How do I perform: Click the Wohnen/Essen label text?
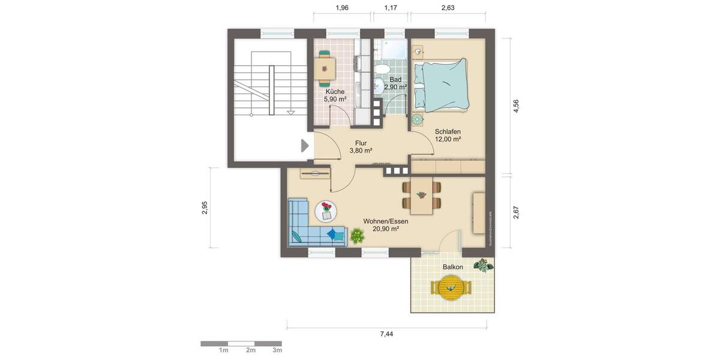coord(385,221)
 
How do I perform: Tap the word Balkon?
coord(452,267)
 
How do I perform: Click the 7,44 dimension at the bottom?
coord(386,334)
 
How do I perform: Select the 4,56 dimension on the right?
coord(516,106)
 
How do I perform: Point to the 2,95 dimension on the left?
coord(205,208)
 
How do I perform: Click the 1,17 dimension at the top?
coord(390,8)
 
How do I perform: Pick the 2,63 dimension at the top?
coord(448,8)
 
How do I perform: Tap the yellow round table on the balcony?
coord(452,287)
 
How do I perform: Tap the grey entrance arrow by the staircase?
coord(305,146)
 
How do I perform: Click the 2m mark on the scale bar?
coord(250,350)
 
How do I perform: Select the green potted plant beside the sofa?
coord(356,236)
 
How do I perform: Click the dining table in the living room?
coord(422,196)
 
